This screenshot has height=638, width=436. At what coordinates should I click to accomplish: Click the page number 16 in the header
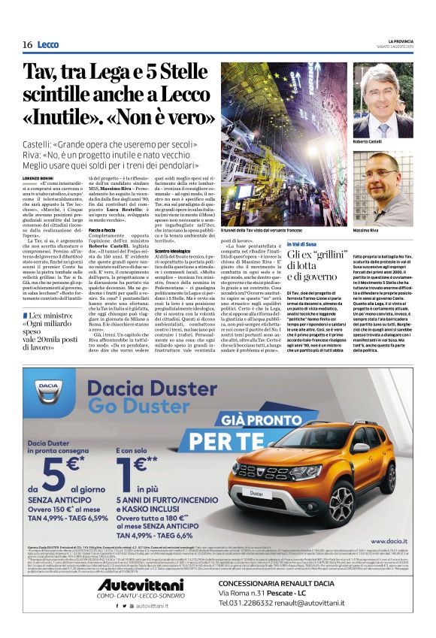click(x=26, y=44)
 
